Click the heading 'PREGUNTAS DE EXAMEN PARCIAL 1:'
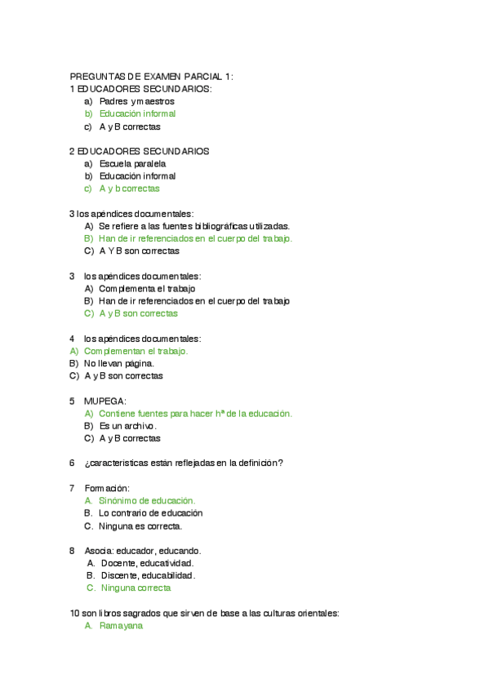152,76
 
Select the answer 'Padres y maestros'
136,101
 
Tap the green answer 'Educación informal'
137,113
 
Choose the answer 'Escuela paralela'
132,163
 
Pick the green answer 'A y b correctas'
129,189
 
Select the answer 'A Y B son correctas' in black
139,251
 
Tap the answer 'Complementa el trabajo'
147,288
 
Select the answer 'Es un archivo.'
127,426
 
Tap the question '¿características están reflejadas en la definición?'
184,464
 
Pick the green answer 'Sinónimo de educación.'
147,500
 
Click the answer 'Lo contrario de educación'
150,513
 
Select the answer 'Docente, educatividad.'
146,563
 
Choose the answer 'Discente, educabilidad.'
147,575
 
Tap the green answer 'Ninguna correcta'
136,588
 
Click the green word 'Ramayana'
121,626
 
